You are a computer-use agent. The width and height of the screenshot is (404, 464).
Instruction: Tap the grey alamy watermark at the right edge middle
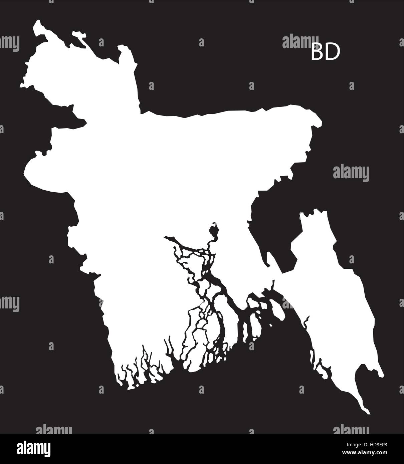[351, 173]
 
